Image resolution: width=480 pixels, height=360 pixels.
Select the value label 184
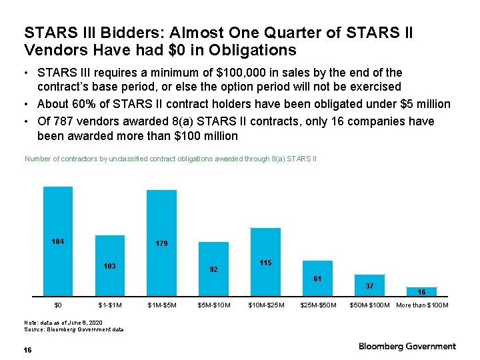58,241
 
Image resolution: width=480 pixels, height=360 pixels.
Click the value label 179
161,244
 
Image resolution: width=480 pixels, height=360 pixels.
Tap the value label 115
265,263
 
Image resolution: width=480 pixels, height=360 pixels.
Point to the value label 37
369,285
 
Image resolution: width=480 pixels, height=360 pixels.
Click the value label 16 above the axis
421,292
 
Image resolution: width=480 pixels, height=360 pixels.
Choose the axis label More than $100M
422,305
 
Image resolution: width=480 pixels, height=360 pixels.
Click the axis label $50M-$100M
369,305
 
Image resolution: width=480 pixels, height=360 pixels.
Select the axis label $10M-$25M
265,305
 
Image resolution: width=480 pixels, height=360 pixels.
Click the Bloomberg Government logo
407,346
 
